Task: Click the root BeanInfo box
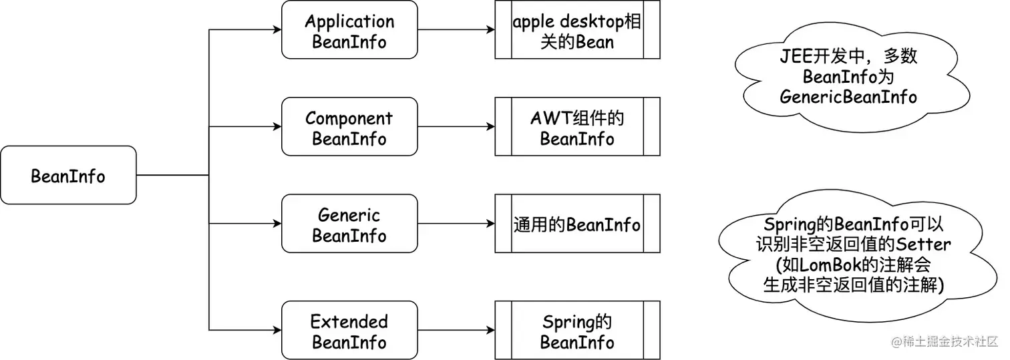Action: pos(68,176)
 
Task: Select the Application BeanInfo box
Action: pos(349,30)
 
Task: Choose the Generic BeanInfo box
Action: pos(349,224)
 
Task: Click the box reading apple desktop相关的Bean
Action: pos(577,30)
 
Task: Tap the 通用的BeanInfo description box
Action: pos(577,224)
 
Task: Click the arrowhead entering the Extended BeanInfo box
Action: pos(277,330)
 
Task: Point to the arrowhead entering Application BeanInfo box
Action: pos(277,30)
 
